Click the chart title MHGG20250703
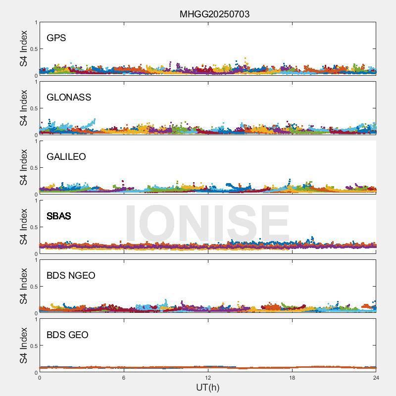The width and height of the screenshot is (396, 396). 214,14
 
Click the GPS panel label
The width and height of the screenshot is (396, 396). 56,38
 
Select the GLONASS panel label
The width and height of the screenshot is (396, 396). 69,98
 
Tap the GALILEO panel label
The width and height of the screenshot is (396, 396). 66,157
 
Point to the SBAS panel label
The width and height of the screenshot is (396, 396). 59,216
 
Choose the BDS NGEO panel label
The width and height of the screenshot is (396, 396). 71,276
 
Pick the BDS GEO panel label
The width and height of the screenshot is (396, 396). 67,335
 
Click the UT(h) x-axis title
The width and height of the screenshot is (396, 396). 208,387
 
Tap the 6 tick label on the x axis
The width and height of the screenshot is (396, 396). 124,377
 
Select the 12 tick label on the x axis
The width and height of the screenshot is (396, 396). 208,377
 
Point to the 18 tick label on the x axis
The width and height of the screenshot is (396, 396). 292,377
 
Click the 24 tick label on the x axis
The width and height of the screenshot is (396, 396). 376,377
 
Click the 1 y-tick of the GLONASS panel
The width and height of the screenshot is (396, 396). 36,82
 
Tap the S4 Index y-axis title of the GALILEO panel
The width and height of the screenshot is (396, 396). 24,168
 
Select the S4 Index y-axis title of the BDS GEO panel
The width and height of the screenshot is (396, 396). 24,346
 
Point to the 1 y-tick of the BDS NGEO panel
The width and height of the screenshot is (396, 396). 36,260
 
